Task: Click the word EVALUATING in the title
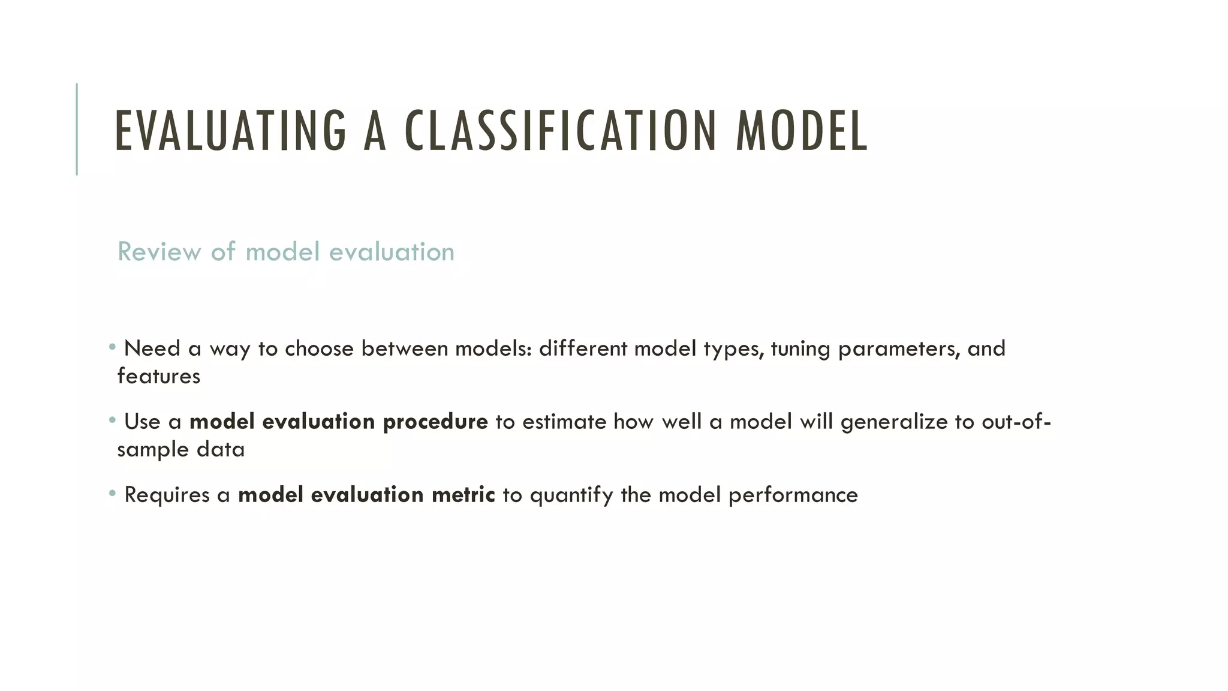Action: pos(230,130)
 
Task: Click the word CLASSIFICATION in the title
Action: pos(561,130)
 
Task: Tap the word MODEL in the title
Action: pos(802,130)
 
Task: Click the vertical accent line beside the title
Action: pos(77,129)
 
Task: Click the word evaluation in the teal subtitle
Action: pos(392,251)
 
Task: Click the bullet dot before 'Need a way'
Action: pos(112,347)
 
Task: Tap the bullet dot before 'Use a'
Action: pos(112,420)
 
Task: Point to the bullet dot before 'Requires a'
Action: pos(112,493)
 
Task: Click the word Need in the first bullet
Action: pos(152,348)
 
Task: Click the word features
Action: pos(159,376)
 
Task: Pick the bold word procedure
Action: pos(435,422)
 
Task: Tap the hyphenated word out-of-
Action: pos(1016,422)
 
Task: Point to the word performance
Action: pos(793,495)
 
